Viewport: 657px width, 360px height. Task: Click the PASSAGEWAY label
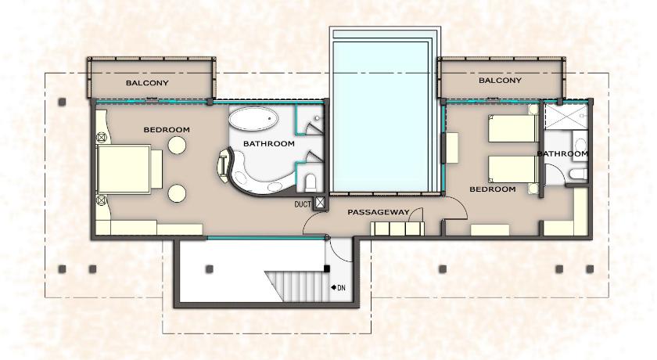click(x=378, y=213)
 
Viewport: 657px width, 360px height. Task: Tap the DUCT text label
click(x=303, y=204)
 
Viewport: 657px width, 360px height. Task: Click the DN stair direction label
click(x=341, y=288)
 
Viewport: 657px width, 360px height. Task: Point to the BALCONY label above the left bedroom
click(x=147, y=83)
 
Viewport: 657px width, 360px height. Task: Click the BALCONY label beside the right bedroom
click(x=500, y=80)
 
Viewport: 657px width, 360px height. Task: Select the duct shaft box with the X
click(x=320, y=203)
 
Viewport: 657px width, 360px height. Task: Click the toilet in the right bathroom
click(x=580, y=174)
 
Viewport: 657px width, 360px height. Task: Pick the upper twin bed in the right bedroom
click(x=513, y=128)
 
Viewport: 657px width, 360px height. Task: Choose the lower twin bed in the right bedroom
click(x=513, y=170)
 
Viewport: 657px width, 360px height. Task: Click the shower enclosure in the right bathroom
click(x=566, y=117)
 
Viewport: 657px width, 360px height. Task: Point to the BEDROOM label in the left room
click(x=167, y=130)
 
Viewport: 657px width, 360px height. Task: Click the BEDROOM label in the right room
click(x=492, y=189)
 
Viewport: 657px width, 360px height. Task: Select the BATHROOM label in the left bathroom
click(x=268, y=144)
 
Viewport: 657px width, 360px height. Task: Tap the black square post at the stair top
click(x=327, y=268)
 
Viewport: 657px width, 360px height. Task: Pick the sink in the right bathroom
click(x=580, y=144)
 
